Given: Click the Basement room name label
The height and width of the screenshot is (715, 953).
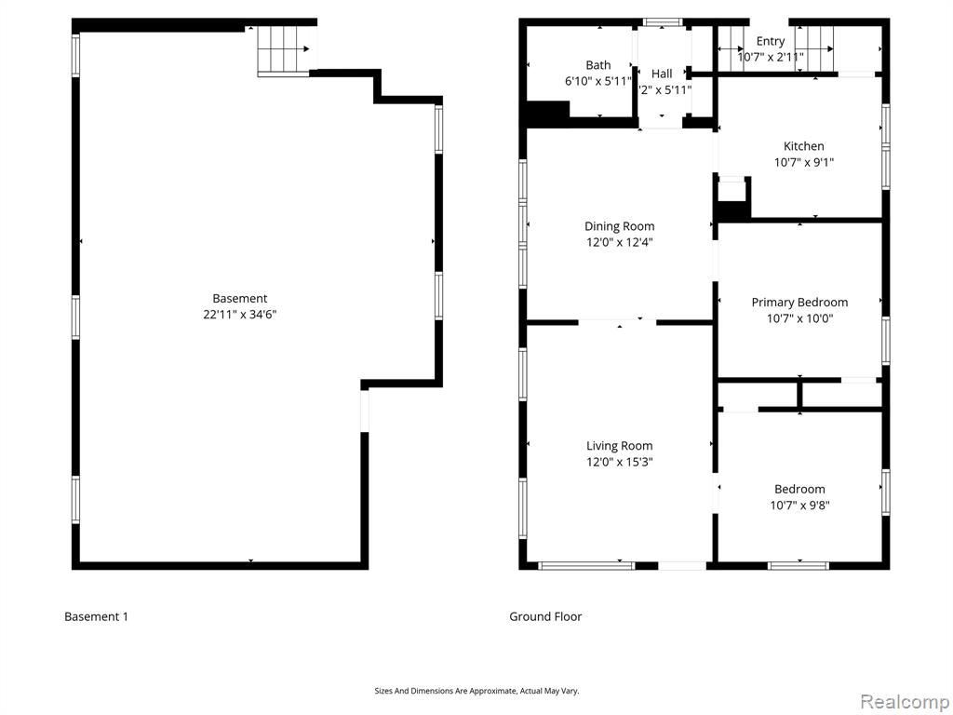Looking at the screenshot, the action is coord(239,299).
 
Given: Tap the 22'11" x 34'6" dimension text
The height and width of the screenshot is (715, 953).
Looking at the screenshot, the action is coord(239,315).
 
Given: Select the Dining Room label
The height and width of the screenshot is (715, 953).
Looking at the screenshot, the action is coord(619,226).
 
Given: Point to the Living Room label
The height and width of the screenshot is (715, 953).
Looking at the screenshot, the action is coord(619,446).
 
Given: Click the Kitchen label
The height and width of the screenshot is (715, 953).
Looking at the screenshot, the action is coord(803,146).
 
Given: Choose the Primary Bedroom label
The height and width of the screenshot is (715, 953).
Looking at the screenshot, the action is coord(799,303).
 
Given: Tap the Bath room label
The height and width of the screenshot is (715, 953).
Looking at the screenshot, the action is coord(598,65).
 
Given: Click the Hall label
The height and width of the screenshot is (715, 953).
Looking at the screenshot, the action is coord(662,74).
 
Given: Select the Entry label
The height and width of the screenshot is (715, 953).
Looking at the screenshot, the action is coord(770,41).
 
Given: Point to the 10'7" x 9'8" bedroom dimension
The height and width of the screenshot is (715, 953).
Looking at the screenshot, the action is coord(799,506).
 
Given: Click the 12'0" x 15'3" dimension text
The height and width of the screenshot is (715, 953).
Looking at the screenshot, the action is coord(619,462).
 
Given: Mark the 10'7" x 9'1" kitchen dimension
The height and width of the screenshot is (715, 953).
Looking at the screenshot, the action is coord(803,162).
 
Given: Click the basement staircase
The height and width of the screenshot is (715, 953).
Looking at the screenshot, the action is coord(284,50).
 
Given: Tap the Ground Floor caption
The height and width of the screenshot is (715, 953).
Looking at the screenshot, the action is coord(545,616).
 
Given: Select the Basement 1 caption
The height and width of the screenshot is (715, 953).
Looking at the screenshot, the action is coord(96,616).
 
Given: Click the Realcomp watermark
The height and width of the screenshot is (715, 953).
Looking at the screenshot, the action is coord(905,702).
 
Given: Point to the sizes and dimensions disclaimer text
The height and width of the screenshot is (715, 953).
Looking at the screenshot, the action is coord(476,691).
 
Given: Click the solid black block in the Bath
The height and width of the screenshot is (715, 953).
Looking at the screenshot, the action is coord(547,113).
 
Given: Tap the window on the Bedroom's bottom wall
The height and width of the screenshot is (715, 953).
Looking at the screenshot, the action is coord(798,565).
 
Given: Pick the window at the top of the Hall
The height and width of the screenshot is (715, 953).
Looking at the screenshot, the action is coord(663,22).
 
